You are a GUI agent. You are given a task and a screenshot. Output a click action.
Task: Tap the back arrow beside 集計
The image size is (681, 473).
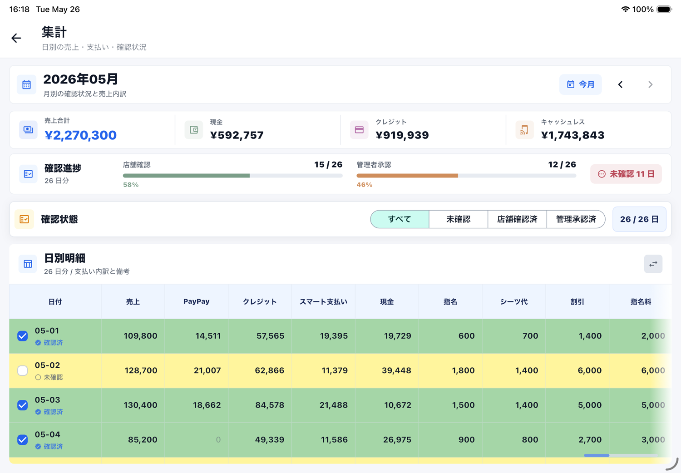point(16,38)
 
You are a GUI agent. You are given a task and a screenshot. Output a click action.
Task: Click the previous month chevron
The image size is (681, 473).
point(621,84)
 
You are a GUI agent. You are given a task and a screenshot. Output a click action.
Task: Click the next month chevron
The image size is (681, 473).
point(650,84)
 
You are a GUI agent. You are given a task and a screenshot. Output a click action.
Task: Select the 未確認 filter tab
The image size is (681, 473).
point(458,219)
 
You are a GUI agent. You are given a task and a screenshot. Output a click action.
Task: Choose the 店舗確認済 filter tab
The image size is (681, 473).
point(517,219)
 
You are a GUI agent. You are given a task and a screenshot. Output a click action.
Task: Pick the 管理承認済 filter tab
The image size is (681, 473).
point(576,219)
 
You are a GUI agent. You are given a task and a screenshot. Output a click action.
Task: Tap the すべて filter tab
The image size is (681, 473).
point(400,219)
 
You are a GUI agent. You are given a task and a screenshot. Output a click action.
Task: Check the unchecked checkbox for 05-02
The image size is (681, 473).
point(23,370)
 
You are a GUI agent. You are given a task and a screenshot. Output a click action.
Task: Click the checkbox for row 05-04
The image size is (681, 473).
point(23,440)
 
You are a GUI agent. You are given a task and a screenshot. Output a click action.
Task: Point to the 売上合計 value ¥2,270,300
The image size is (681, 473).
point(80,135)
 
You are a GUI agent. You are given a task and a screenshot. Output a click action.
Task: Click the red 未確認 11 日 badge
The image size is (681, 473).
point(626,174)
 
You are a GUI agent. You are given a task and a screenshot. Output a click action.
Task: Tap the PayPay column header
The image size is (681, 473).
point(197,301)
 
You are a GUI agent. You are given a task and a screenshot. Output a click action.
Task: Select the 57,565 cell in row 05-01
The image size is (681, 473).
point(270,336)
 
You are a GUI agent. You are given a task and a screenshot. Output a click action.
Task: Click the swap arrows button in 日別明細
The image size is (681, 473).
point(653,264)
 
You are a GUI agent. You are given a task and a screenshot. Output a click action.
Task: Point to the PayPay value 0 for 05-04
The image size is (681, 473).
point(218,440)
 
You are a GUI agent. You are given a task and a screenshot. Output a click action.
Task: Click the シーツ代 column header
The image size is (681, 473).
point(514,301)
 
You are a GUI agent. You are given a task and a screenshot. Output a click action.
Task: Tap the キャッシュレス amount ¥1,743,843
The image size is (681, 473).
point(573,135)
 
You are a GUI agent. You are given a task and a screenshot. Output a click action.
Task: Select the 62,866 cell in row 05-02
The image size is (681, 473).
point(270,370)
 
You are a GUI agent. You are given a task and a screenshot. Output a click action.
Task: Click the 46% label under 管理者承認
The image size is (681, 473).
point(364,185)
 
